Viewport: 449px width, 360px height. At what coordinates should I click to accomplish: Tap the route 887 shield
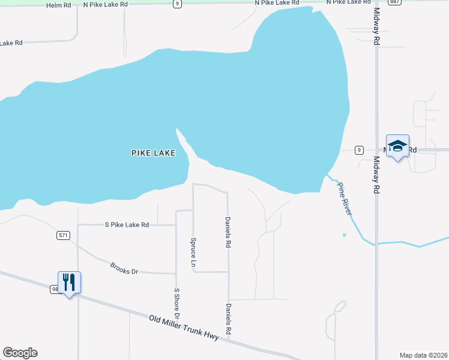394,2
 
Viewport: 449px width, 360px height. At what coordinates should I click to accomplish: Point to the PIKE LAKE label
153,153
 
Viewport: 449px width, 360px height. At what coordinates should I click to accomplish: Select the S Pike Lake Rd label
127,225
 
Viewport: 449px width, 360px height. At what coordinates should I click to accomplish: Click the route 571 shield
64,235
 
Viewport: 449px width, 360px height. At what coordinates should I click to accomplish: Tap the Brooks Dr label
124,268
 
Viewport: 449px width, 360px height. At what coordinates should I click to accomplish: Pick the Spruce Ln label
193,253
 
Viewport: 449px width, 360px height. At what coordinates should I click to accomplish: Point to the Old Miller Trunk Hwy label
188,327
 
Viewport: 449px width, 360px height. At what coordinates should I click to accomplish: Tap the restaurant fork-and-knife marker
69,282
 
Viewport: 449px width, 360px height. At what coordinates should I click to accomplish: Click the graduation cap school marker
397,146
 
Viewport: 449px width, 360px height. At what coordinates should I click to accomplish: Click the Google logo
20,353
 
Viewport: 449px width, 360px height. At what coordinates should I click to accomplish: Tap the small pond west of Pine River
344,235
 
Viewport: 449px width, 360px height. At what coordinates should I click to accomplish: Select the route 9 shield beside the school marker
358,149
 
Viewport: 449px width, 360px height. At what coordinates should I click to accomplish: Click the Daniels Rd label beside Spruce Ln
228,233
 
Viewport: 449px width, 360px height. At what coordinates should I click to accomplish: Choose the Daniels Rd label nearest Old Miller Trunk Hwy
228,319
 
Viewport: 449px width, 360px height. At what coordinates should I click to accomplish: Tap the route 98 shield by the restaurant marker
55,289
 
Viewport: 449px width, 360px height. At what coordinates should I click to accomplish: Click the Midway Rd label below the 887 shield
377,28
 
